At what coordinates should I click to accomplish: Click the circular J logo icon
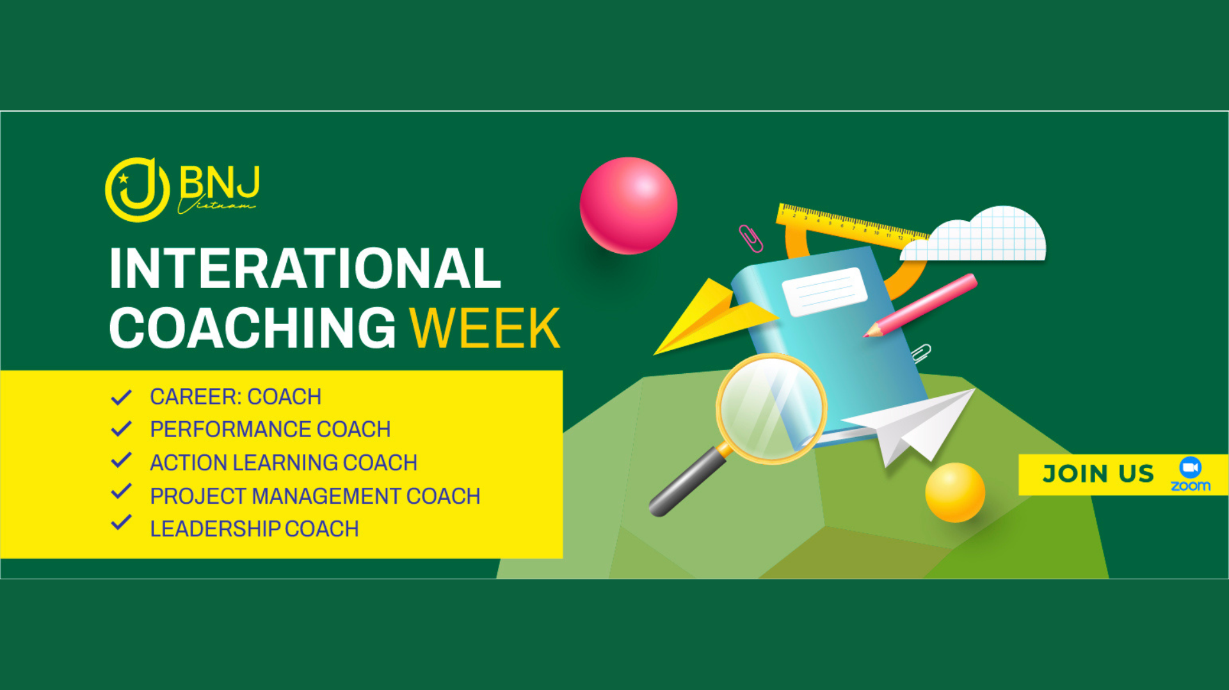tap(137, 189)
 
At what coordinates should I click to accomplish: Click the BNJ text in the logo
tap(220, 182)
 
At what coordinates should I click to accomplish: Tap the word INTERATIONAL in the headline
tap(305, 269)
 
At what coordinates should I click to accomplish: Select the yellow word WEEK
tap(485, 328)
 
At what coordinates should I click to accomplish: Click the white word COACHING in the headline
tap(253, 328)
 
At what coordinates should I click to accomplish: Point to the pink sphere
tap(628, 205)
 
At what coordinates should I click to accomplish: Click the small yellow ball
tap(954, 492)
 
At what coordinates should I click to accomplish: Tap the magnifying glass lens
tap(771, 408)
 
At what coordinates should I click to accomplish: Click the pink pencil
tap(920, 305)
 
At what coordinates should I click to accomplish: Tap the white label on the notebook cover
tap(824, 292)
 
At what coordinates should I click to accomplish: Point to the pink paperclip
tap(750, 238)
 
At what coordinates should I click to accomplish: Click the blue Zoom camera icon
tap(1190, 467)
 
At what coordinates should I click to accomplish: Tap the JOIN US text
tap(1098, 474)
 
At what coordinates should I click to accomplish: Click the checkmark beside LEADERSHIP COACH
tap(121, 522)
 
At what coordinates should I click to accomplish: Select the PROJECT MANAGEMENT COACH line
tap(315, 496)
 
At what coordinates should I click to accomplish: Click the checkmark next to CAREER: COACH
tap(121, 397)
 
